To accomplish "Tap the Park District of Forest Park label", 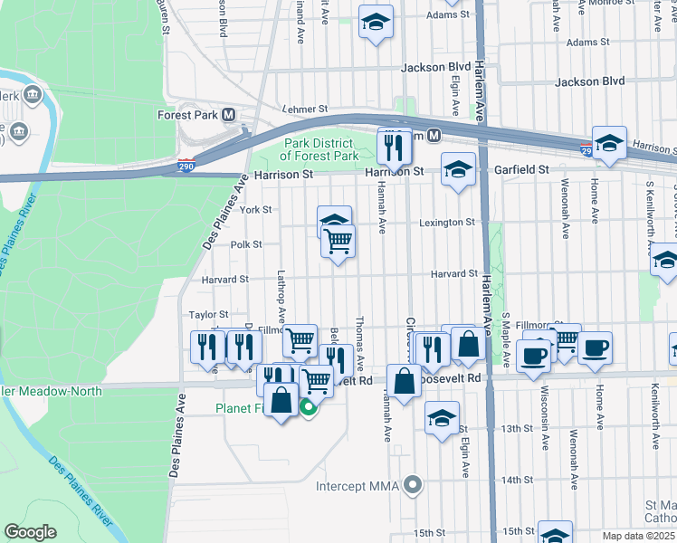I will coord(322,149).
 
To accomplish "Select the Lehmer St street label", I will coord(301,108).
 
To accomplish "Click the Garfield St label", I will coord(521,169).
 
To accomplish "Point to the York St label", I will coord(256,209).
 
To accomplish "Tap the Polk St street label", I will coord(245,244).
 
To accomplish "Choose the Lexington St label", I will coord(447,223).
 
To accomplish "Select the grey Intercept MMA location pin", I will coord(414,486).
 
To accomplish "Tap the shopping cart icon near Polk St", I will coord(338,241).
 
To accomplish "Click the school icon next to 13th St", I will coord(442,417).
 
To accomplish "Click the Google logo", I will coord(30,531).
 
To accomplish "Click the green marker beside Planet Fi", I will coord(309,408).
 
